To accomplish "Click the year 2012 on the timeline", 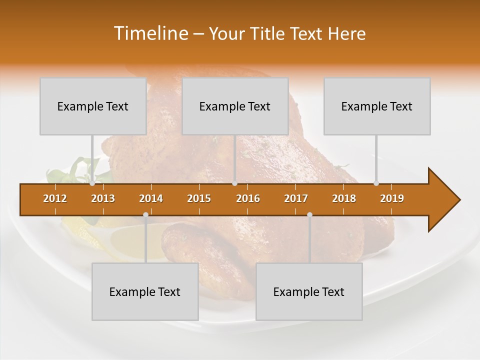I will coord(55,198).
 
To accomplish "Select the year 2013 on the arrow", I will coord(103,198).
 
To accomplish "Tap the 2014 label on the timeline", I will coord(151,198).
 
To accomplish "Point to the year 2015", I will coord(199,198).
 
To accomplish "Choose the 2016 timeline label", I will coord(248,198).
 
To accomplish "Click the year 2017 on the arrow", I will coord(296,198).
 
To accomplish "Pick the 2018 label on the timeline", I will coord(344,198).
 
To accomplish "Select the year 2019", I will coord(392,198).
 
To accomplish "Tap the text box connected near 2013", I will coord(93,106).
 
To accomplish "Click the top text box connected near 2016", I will coord(235,106).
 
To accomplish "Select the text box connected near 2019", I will coord(377,106).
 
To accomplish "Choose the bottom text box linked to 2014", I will coord(145,291).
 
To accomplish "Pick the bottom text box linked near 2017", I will coord(309,291).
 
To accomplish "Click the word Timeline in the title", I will coord(150,33).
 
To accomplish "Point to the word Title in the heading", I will coord(269,33).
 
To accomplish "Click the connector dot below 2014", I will coord(145,214).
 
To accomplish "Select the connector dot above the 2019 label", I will coord(376,183).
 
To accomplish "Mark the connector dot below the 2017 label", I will coord(309,214).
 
